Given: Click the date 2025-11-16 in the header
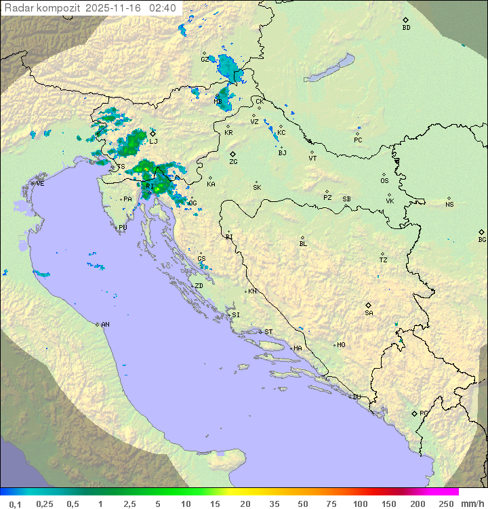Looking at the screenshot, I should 117,8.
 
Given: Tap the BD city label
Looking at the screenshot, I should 406,28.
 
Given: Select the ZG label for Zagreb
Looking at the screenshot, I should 233,162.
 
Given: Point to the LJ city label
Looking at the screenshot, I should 153,141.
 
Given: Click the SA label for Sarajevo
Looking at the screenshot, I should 369,312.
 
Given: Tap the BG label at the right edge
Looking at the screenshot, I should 482,239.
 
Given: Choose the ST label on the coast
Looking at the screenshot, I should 268,332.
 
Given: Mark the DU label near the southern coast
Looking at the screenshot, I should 356,397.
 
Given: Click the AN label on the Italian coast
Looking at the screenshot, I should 105,325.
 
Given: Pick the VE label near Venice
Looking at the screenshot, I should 40,184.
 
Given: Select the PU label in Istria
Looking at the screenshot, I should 123,228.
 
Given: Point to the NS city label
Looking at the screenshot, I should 449,205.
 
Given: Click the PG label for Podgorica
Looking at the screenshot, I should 424,413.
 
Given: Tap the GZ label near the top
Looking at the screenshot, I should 205,59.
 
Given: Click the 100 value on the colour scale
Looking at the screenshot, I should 360,504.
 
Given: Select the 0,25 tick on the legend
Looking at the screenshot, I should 45,504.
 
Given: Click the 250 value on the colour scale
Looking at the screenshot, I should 446,504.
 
